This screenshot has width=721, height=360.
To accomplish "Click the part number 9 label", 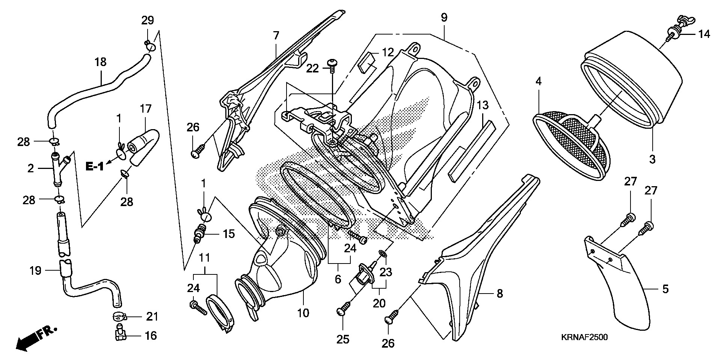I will coord(444,18).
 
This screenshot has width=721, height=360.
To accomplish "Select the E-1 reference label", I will coord(94,167).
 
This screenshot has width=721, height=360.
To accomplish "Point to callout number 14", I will coord(704,35).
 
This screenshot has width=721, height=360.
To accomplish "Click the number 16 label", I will coord(151,335).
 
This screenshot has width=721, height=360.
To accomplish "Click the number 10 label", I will coord(303,312).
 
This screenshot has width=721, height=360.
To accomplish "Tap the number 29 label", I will coord(148,21).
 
